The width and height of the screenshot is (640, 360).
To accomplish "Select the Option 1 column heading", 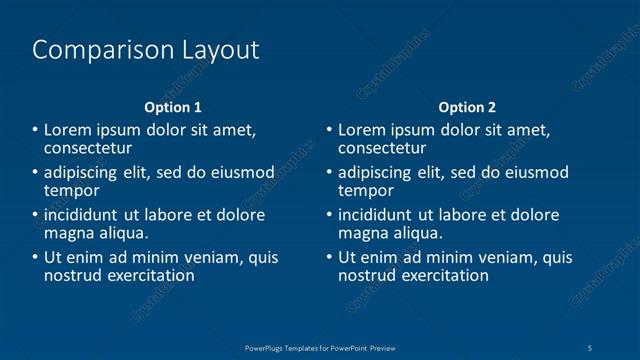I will (x=173, y=107).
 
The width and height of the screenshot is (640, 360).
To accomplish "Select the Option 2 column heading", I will (x=467, y=107).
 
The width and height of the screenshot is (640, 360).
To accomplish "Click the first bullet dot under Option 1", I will (x=36, y=130).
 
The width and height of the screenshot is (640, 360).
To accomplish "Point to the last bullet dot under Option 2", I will (x=330, y=257).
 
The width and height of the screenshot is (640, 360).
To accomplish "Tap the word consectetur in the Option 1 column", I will (x=95, y=147).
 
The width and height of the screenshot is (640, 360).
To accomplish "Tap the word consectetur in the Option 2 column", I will (x=389, y=147).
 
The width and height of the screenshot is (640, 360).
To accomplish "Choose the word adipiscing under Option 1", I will (x=81, y=172).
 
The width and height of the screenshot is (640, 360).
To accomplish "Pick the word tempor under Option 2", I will (x=366, y=190).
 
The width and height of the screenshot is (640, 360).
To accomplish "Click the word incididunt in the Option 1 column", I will (x=85, y=215).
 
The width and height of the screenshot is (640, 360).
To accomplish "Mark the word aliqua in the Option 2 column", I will (x=417, y=233).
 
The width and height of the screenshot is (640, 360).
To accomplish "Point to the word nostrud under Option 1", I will (x=72, y=275).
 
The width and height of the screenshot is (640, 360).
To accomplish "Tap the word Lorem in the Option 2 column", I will (x=360, y=130).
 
